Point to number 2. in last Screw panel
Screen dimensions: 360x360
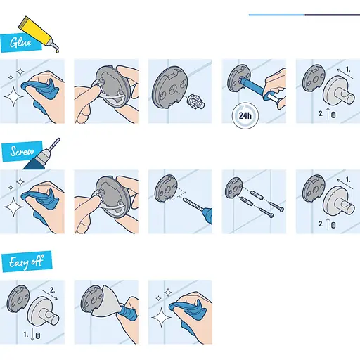click(x=321, y=224)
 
